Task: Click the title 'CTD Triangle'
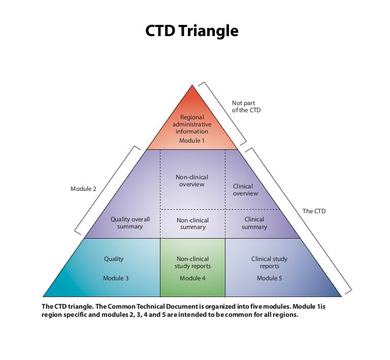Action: (x=192, y=31)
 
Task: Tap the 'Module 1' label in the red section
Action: (x=192, y=141)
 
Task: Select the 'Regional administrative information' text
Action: (x=192, y=124)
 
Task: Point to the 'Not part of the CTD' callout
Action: (x=246, y=107)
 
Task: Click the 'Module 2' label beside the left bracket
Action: (x=83, y=189)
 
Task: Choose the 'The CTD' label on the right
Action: (x=314, y=211)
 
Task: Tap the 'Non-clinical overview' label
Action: (x=192, y=181)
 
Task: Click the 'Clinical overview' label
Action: (x=245, y=190)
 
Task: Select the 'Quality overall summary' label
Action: (x=130, y=223)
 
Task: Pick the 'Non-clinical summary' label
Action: (x=193, y=223)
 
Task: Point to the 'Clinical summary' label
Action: (x=254, y=223)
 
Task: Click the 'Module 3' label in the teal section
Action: (x=116, y=278)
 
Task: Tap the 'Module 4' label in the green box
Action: (x=192, y=278)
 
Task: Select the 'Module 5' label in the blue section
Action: (x=269, y=278)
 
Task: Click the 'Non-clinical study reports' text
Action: (x=192, y=263)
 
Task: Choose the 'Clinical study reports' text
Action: (x=269, y=263)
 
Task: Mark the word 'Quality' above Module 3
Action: (x=114, y=259)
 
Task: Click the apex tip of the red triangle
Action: (x=192, y=85)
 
